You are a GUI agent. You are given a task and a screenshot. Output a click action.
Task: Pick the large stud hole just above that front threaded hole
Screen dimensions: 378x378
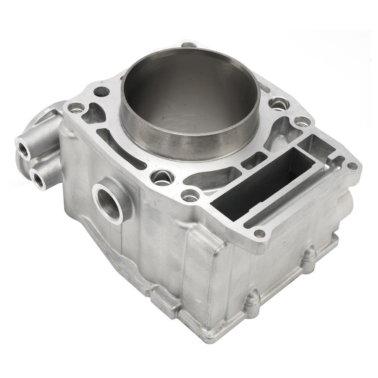coord(163,178)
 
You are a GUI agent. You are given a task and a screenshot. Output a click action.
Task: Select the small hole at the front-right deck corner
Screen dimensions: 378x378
coord(260,233)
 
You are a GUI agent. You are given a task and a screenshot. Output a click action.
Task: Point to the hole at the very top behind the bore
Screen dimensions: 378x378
coord(189,45)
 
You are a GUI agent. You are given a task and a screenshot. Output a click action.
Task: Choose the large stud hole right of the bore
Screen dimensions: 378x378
coord(279,104)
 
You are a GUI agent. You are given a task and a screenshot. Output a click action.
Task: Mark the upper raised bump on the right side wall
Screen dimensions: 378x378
coord(309,255)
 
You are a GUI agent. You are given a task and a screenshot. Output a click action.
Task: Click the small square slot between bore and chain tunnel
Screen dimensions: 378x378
coord(255,160)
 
